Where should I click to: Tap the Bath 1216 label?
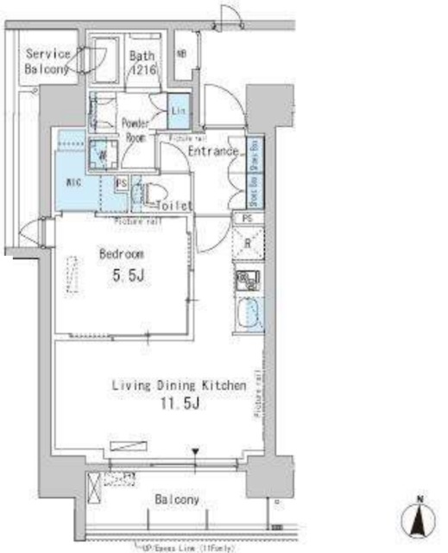(142, 65)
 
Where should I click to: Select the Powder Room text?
(136, 129)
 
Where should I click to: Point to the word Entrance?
(213, 151)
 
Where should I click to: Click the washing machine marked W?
(103, 156)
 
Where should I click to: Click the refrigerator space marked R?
(248, 244)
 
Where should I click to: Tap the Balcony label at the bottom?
(179, 499)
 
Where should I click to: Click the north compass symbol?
(417, 519)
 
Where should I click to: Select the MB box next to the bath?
(182, 54)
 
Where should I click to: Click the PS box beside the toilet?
(122, 184)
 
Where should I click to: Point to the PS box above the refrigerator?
(248, 218)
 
